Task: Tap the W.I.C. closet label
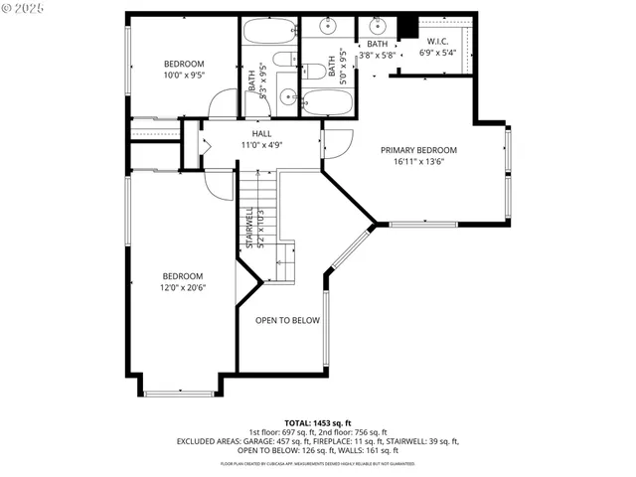[x=437, y=42]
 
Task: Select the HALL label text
[x=261, y=133]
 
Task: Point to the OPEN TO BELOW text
[x=287, y=320]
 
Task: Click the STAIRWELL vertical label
[x=249, y=228]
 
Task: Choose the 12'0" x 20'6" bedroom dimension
[x=183, y=288]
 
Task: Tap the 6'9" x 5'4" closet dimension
[x=437, y=53]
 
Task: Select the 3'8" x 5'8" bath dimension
[x=378, y=56]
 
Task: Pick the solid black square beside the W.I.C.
[x=405, y=27]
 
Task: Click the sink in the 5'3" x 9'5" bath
[x=286, y=97]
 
